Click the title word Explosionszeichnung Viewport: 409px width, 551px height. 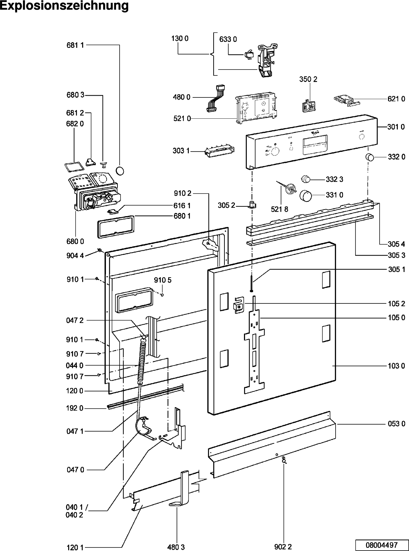coord(64,6)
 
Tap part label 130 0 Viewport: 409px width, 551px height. coord(180,39)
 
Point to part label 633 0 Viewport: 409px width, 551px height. coord(228,39)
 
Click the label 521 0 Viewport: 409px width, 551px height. coord(182,119)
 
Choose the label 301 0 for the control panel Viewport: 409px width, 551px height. coord(396,127)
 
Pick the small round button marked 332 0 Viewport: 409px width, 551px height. coord(370,157)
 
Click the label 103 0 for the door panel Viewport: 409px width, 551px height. coord(396,366)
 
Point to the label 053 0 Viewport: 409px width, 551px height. coord(396,424)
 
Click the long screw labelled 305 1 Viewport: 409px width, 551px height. coord(251,285)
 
